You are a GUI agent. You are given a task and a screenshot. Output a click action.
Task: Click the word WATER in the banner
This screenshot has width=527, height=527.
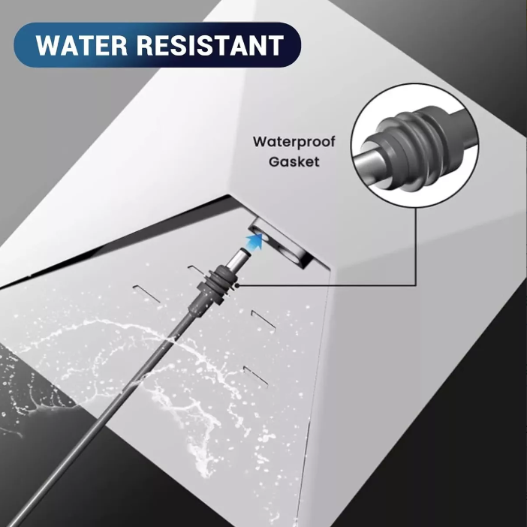[x=81, y=45]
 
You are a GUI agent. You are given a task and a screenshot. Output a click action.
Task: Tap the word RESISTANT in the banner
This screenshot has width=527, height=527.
[x=210, y=45]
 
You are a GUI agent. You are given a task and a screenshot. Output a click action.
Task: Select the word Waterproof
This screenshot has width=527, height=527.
[x=294, y=143]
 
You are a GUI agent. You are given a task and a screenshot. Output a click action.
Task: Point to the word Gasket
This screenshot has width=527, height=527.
[x=294, y=161]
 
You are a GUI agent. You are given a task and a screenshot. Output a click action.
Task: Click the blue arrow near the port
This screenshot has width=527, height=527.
[x=254, y=241]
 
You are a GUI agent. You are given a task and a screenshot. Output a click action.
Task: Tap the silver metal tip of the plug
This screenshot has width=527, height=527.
[x=239, y=257]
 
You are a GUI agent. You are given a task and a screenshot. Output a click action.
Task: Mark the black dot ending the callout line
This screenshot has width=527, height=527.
[x=238, y=286]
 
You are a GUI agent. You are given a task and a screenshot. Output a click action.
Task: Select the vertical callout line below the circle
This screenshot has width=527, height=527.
[x=416, y=246]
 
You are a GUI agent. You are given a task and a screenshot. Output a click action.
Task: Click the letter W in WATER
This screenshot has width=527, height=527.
[x=48, y=45]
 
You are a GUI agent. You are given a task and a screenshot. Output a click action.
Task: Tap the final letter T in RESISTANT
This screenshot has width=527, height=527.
[x=276, y=45]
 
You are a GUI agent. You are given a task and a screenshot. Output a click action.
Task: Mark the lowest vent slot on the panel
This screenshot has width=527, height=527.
[x=256, y=376]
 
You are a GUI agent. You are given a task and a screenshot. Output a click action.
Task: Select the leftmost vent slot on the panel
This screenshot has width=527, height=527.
[x=146, y=294]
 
